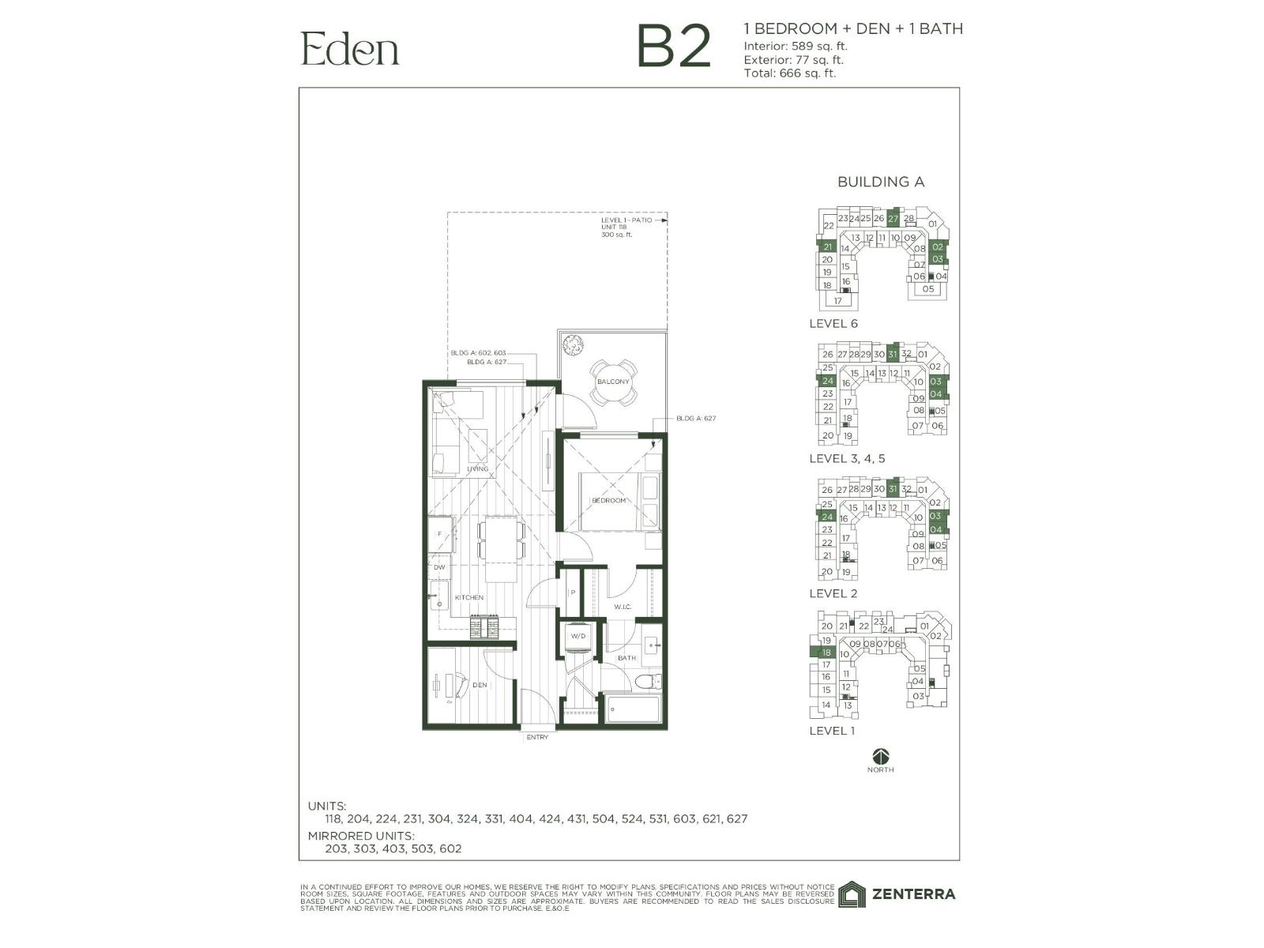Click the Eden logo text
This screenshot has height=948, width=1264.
click(350, 49)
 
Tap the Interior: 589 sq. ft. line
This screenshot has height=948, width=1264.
click(796, 46)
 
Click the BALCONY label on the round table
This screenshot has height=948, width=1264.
click(613, 382)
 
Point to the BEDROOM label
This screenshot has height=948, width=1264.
click(608, 500)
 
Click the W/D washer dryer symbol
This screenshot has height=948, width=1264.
click(578, 637)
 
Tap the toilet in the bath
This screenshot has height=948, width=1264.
click(649, 682)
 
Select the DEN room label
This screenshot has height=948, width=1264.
click(480, 685)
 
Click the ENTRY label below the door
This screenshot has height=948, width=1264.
click(537, 737)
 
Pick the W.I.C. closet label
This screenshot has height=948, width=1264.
click(623, 607)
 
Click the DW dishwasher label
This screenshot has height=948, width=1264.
click(439, 567)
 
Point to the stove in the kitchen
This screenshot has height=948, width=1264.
click(484, 627)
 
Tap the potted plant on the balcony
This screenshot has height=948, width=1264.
click(572, 344)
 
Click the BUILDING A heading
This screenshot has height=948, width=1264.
click(880, 182)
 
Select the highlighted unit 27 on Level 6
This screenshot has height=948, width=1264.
click(893, 218)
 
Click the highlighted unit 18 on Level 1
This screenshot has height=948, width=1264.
click(826, 653)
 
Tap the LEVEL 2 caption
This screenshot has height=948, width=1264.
click(833, 593)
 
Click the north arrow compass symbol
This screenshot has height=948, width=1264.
click(880, 755)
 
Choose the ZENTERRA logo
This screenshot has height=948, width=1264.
click(897, 894)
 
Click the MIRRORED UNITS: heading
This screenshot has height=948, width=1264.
click(360, 835)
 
